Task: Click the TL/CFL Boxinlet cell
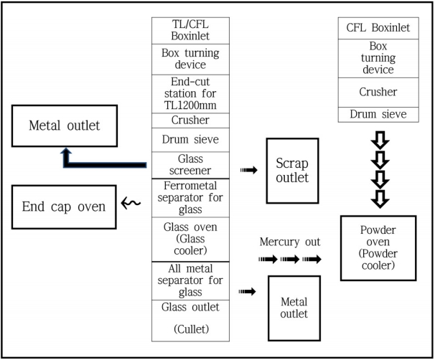click(x=190, y=31)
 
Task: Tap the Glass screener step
click(x=190, y=164)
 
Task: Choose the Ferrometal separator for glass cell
click(x=190, y=199)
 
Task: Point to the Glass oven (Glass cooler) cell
click(x=190, y=240)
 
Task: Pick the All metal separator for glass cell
click(x=190, y=280)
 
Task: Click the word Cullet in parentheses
click(x=190, y=331)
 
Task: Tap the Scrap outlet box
click(x=292, y=171)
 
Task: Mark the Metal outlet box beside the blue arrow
click(x=64, y=126)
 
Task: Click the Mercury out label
click(x=290, y=242)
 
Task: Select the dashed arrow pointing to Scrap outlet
click(x=248, y=171)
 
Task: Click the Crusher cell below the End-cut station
click(x=190, y=120)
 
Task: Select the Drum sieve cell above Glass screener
click(x=190, y=139)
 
